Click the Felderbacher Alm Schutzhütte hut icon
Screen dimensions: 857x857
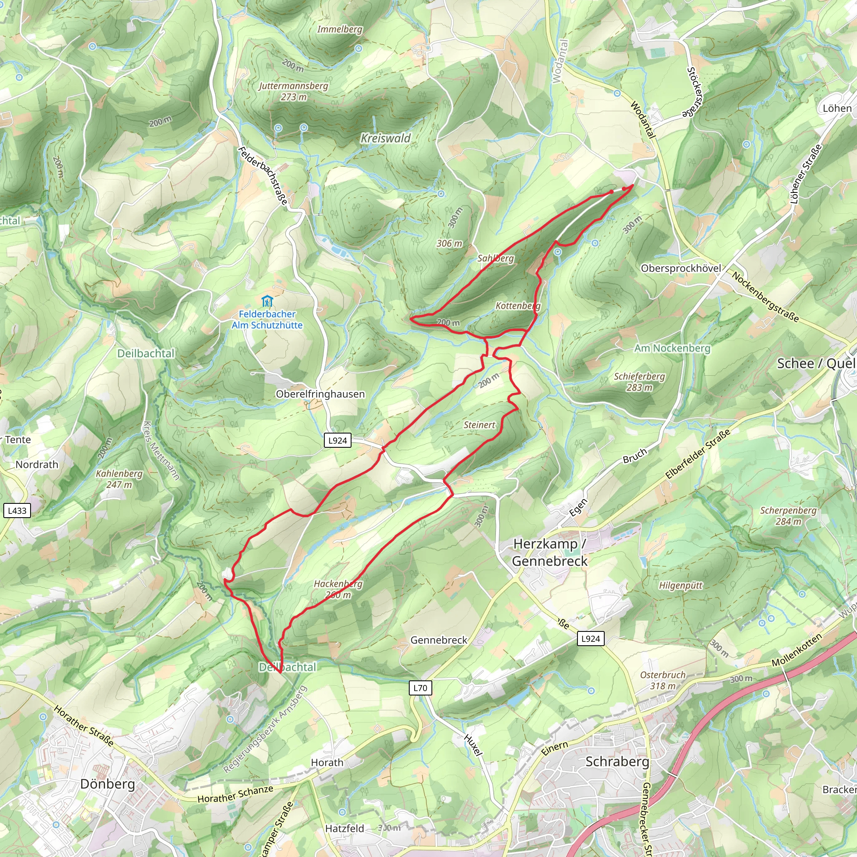click(x=267, y=302)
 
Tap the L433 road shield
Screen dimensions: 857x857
click(x=17, y=511)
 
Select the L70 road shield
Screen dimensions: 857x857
click(x=420, y=688)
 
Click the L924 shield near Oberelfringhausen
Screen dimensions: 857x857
click(x=338, y=441)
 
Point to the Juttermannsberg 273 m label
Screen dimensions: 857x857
click(x=294, y=91)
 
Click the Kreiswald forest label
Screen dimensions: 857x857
click(x=385, y=139)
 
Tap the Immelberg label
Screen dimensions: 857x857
click(x=339, y=29)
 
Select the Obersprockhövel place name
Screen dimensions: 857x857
click(x=681, y=268)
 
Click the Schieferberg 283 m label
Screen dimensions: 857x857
click(x=639, y=382)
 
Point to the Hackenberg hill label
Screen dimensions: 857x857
click(x=338, y=589)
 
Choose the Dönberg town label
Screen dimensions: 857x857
click(x=108, y=784)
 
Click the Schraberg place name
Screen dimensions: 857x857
click(x=617, y=762)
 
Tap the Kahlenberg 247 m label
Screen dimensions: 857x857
click(x=119, y=479)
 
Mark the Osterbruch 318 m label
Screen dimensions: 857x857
click(x=663, y=680)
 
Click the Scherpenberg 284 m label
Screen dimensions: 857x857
click(x=788, y=516)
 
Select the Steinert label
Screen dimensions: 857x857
click(x=479, y=425)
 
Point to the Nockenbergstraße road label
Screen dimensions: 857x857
click(x=765, y=297)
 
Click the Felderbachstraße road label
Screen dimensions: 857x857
click(x=263, y=176)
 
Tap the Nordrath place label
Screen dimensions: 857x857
click(x=37, y=464)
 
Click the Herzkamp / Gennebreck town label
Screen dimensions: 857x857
click(x=549, y=552)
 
